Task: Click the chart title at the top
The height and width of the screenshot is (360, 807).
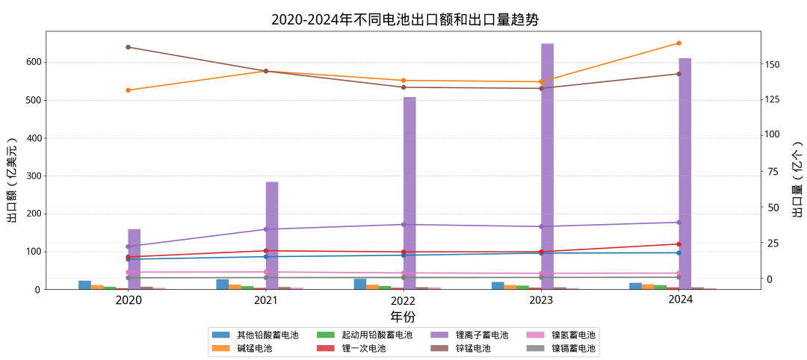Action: coord(404,19)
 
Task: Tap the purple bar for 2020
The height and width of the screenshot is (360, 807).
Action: coord(134,258)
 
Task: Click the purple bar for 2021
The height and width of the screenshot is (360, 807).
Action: coord(272,235)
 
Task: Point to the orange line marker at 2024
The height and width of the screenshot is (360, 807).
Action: coord(678,43)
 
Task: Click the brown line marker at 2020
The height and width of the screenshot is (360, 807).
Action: coord(129,47)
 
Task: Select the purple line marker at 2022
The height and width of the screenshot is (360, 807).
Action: coord(403,224)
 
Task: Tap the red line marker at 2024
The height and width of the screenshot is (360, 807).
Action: coord(678,244)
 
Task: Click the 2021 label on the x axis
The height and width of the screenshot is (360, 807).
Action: coord(266,300)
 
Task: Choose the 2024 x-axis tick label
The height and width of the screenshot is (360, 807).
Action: coord(680,300)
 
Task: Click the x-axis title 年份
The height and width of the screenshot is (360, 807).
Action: coord(403,317)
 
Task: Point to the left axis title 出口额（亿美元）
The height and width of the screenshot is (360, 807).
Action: coord(13,179)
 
